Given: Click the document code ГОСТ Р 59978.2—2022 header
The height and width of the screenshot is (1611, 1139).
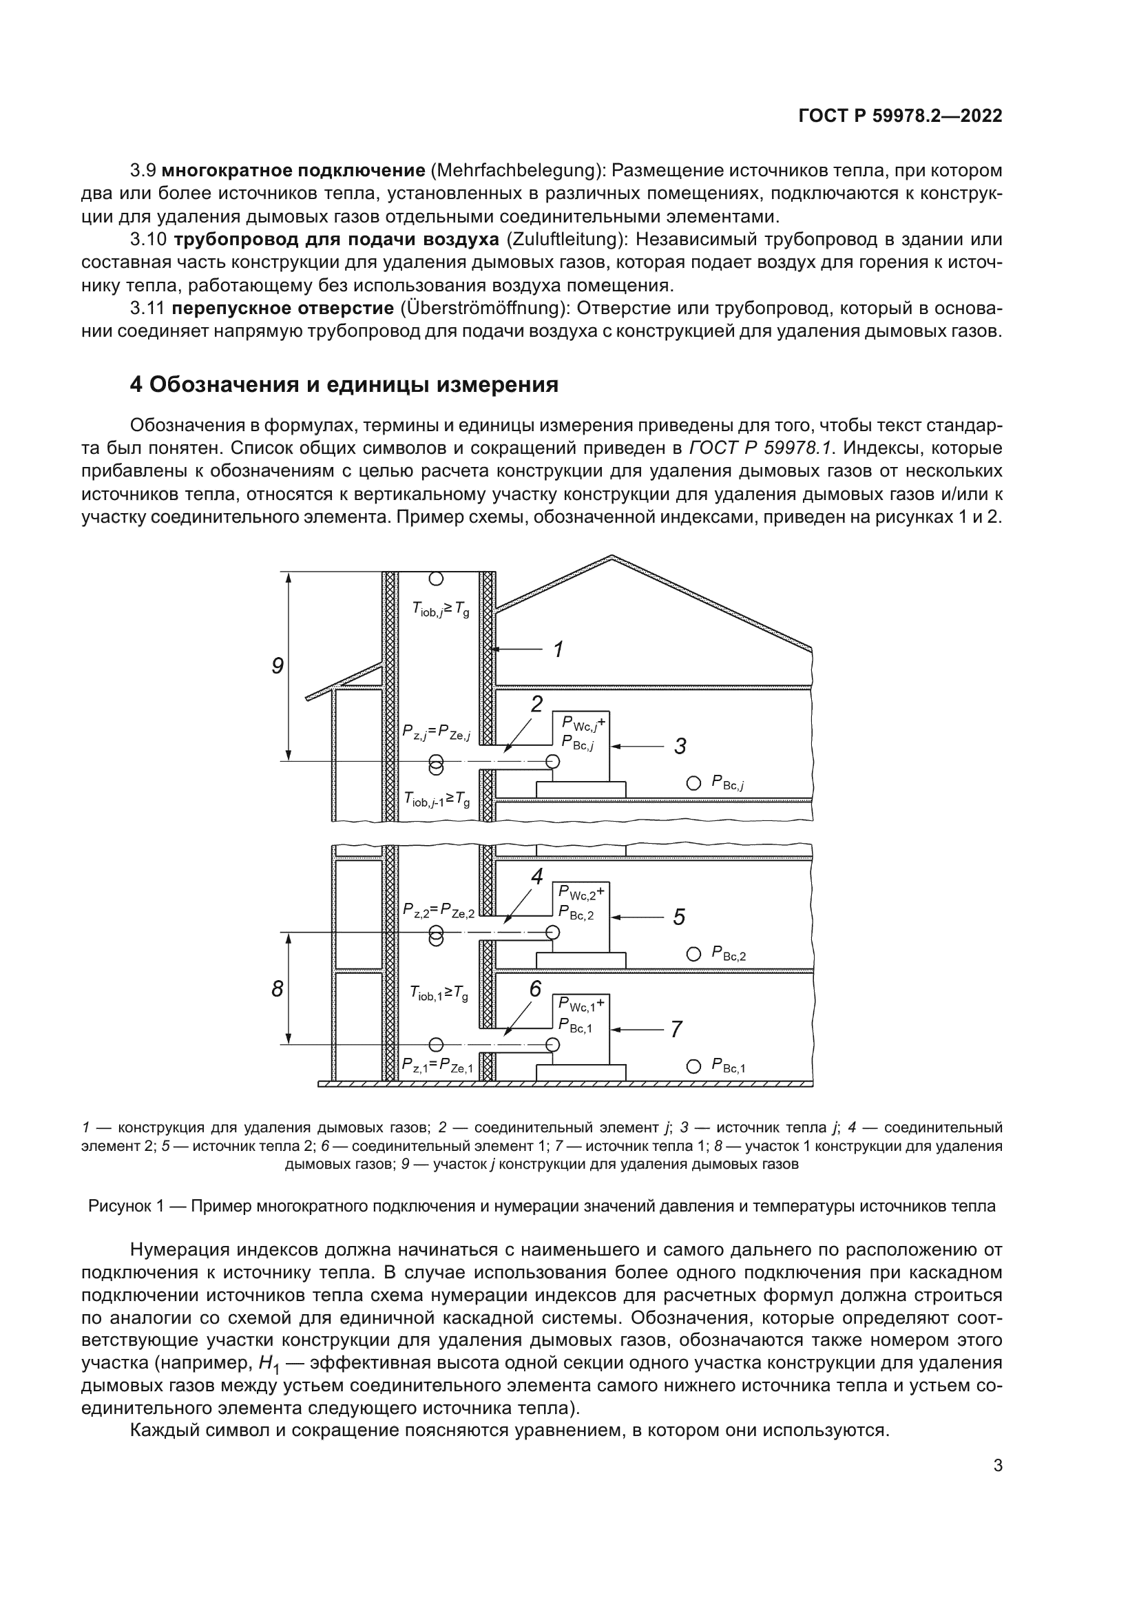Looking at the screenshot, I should pos(900,116).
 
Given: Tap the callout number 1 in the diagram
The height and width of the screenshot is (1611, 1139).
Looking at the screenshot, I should pos(558,649).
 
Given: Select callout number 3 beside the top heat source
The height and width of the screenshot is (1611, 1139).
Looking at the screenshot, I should pos(680,746).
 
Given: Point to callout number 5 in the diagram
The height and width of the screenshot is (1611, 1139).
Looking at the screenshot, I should pos(678,917).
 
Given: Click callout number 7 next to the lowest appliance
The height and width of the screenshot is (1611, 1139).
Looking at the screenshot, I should pos(676,1029).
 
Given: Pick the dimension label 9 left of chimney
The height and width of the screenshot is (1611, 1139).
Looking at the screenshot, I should pos(278,666).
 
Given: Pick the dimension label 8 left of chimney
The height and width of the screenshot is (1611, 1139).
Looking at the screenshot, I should pos(278,989).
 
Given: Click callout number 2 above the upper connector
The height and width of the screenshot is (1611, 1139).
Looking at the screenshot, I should pos(536,704).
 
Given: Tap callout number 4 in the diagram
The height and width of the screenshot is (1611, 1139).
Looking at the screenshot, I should pos(536,876).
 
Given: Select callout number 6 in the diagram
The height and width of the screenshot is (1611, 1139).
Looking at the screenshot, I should pos(535,989).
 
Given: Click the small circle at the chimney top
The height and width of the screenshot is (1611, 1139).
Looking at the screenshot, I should pos(436,579).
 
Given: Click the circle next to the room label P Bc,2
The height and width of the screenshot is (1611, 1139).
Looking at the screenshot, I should pos(693,953).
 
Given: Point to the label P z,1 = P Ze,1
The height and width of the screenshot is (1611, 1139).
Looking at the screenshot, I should pos(438,1066).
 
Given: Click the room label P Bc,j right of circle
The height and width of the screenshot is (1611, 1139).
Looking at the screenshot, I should pos(727,783).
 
